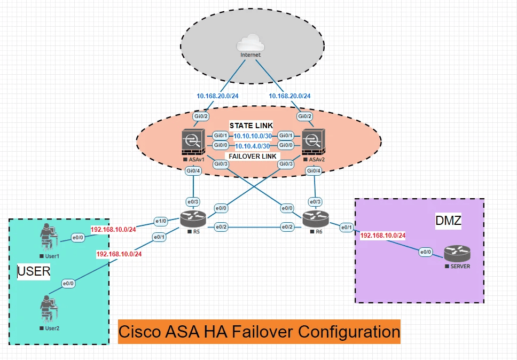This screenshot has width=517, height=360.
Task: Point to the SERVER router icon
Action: pos(457,253)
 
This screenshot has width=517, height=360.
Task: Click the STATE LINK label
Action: pos(252,125)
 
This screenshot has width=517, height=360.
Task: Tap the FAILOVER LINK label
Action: pos(252,156)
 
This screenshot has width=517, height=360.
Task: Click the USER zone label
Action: pos(34,271)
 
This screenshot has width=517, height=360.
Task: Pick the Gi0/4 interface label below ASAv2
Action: pos(314,171)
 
